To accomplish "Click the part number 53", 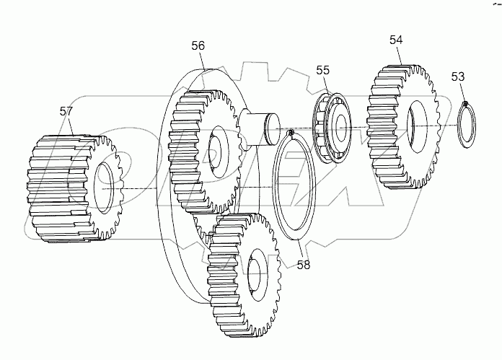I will pyautogui.click(x=458, y=76).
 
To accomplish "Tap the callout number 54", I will pyautogui.click(x=396, y=40).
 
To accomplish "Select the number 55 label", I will pyautogui.click(x=322, y=70).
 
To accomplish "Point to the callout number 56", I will pyautogui.click(x=198, y=45).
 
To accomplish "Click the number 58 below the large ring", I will pyautogui.click(x=304, y=265).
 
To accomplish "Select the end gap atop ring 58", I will pyautogui.click(x=290, y=132).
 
